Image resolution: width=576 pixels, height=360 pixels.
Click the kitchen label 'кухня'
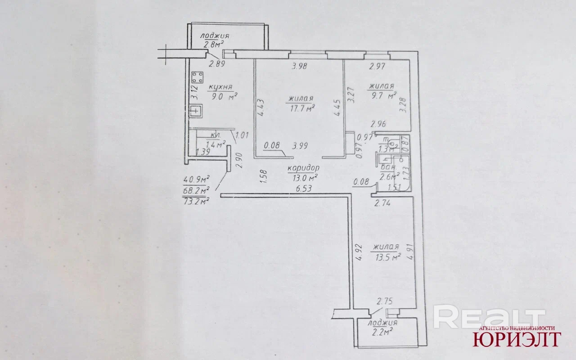(x=220, y=87)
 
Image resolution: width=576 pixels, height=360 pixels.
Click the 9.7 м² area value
(x=382, y=95)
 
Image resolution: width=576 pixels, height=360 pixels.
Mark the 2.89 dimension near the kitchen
(x=217, y=64)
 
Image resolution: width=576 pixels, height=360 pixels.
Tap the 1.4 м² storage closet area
(x=215, y=144)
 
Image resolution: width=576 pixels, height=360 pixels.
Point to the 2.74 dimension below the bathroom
(x=383, y=203)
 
